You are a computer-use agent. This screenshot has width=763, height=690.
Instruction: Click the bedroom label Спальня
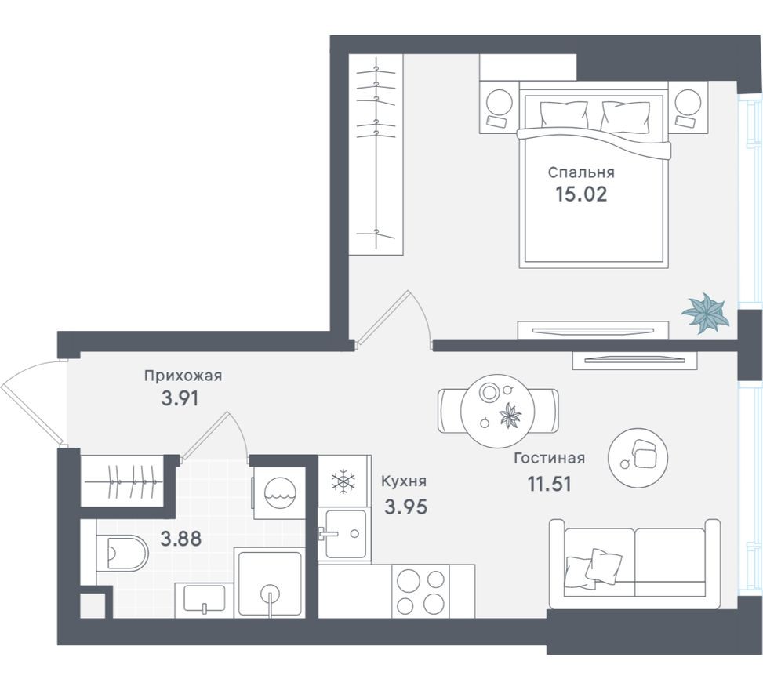click(580, 172)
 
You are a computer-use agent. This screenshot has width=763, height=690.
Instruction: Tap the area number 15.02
click(580, 194)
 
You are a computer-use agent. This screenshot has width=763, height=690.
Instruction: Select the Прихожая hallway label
click(183, 376)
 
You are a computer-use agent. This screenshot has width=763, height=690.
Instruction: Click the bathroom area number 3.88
click(180, 539)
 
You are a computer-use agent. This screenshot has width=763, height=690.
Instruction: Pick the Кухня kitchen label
click(403, 482)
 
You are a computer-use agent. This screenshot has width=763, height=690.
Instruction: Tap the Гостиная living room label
click(549, 459)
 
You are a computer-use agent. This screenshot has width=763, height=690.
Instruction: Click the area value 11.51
click(548, 483)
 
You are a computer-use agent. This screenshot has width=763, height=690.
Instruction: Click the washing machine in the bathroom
click(278, 494)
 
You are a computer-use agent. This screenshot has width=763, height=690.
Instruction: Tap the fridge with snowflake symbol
click(343, 481)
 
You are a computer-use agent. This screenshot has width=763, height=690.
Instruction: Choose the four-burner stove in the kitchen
click(420, 592)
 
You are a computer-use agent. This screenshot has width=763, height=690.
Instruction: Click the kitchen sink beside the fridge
click(345, 533)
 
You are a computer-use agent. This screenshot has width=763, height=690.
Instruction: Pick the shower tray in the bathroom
click(270, 584)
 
